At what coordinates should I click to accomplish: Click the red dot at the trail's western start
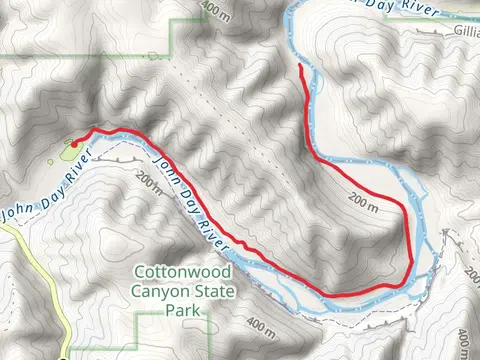point(75,143)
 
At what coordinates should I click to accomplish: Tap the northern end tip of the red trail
point(301,66)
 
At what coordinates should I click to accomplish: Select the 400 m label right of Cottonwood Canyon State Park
point(257,326)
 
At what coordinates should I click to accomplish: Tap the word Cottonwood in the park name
point(183,272)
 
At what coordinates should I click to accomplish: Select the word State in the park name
point(216,292)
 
